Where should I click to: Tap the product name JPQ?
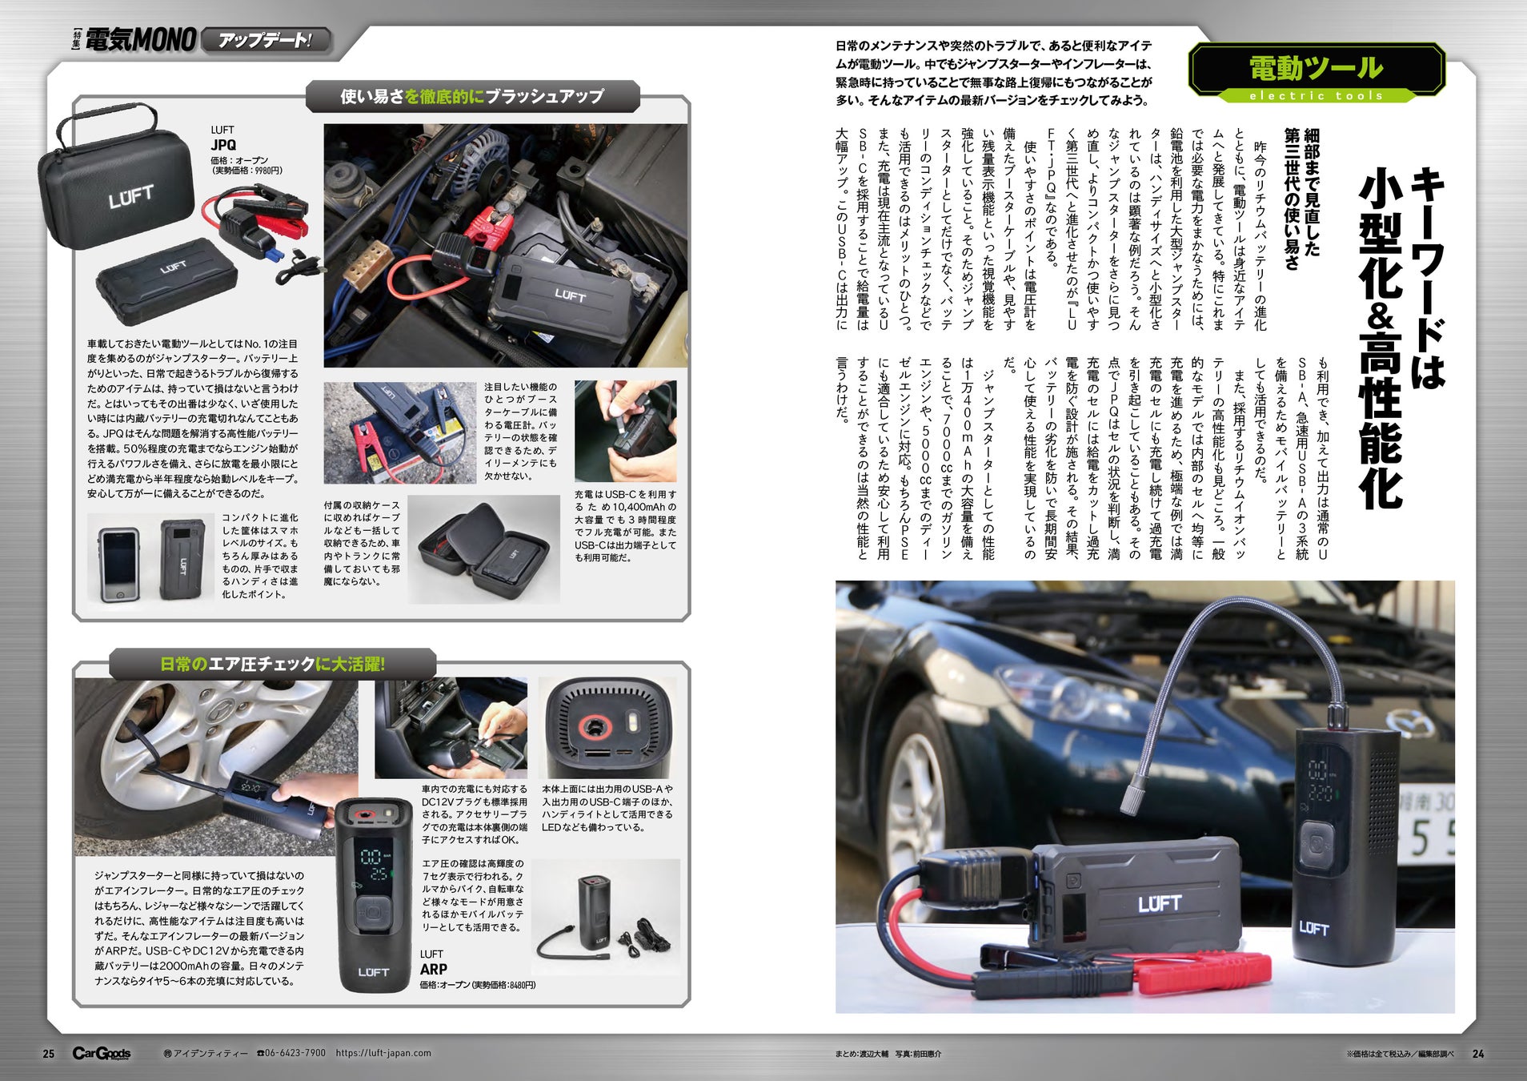pyautogui.click(x=223, y=145)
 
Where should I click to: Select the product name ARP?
pyautogui.click(x=433, y=969)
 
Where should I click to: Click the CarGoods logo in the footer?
pyautogui.click(x=102, y=1054)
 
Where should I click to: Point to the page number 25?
pyautogui.click(x=49, y=1054)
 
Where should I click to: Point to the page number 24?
pyautogui.click(x=1477, y=1054)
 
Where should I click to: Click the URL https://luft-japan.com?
pyautogui.click(x=383, y=1053)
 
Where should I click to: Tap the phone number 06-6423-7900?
pyautogui.click(x=291, y=1053)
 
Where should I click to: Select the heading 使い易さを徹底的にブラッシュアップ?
pyautogui.click(x=472, y=96)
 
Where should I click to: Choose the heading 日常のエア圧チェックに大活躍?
pyautogui.click(x=272, y=664)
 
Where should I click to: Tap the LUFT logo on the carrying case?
pyautogui.click(x=131, y=196)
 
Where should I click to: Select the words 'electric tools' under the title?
pyautogui.click(x=1316, y=95)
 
